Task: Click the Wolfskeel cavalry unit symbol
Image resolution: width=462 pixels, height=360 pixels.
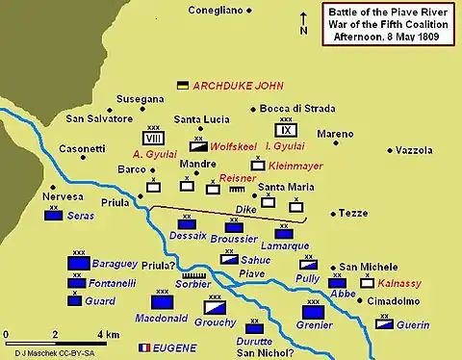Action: (198, 146)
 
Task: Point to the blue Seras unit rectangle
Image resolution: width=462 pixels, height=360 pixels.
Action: (54, 217)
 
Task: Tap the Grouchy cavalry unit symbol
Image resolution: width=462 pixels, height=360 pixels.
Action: (214, 310)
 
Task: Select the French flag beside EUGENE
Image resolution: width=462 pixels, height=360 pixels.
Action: (146, 347)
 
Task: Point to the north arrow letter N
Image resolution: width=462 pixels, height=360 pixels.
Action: (303, 31)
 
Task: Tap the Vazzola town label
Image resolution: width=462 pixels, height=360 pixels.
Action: (417, 151)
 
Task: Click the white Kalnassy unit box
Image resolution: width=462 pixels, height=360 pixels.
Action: (367, 283)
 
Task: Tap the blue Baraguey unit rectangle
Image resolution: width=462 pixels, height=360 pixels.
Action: (78, 263)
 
